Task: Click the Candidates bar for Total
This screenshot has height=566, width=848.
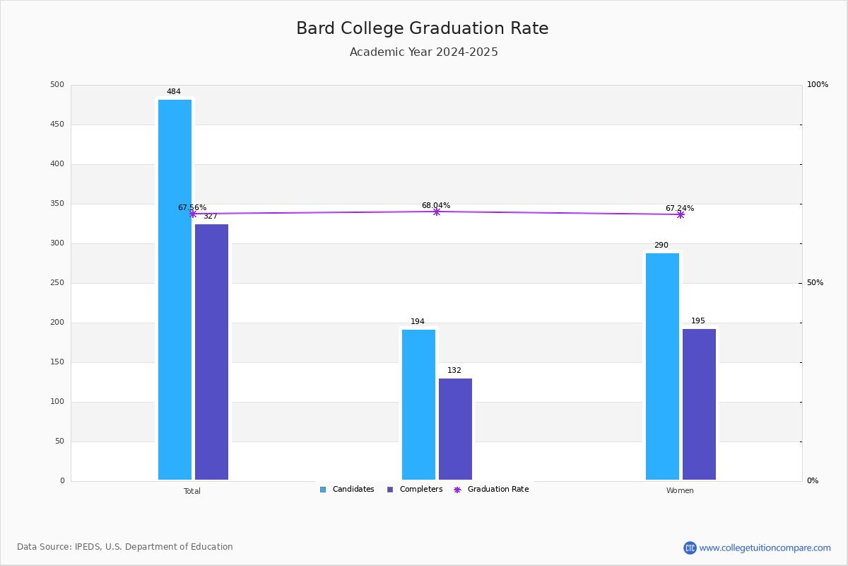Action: [x=175, y=289]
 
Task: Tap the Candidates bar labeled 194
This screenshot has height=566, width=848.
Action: [x=418, y=404]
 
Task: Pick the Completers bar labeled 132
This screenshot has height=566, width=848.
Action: [x=455, y=429]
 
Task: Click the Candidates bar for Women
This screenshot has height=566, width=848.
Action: [x=662, y=366]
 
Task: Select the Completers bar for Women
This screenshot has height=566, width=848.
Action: [x=699, y=404]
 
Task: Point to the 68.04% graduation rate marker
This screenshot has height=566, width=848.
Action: [x=437, y=212]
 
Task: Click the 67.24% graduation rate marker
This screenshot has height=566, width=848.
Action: [x=681, y=214]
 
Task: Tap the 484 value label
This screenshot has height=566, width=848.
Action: [x=174, y=92]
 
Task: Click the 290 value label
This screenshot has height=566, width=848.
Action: [x=661, y=246]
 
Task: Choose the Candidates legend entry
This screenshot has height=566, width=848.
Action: [x=347, y=490]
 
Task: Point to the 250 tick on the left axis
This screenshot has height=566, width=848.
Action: [x=57, y=283]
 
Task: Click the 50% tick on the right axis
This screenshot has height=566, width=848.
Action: [x=815, y=283]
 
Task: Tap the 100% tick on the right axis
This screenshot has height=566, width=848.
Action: [x=817, y=85]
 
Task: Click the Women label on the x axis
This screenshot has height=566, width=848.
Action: [x=680, y=491]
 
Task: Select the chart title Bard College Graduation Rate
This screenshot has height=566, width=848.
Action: [x=423, y=28]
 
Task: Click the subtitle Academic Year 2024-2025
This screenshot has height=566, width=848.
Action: [x=424, y=52]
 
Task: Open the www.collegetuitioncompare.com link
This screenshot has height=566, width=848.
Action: [x=765, y=548]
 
